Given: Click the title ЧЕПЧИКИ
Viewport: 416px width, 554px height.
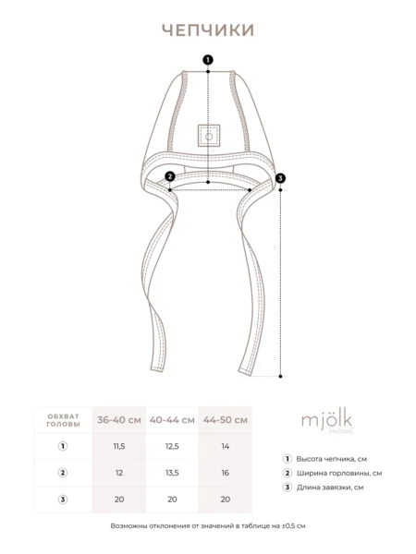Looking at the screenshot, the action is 208,30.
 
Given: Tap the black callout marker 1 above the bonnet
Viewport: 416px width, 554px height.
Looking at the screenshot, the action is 208,60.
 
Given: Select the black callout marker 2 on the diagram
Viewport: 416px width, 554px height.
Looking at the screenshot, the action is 170,176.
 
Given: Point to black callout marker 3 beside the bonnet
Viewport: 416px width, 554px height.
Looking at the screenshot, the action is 280,178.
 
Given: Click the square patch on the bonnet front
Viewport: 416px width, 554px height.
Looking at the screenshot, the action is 209,136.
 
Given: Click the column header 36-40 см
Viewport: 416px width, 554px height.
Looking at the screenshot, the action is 119,420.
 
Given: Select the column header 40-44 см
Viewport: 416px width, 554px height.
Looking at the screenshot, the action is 172,420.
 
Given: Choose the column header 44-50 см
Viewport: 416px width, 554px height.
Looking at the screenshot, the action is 226,420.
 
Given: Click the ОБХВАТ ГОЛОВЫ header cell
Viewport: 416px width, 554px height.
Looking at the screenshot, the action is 63,420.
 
